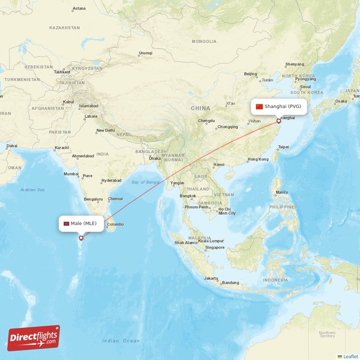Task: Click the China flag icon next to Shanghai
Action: [259, 107]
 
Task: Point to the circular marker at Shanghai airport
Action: [279, 121]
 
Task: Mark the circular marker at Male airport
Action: [81, 238]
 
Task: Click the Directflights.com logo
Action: [34, 338]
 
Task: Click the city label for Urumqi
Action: [146, 53]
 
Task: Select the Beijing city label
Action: [250, 74]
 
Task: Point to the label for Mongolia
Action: [204, 41]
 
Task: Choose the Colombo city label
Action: [115, 225]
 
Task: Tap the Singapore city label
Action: [215, 247]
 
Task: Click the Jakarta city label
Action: [211, 278]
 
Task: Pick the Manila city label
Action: [282, 192]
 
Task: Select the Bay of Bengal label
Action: [146, 182]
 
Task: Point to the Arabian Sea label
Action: [32, 190]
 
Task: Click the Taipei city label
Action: [283, 147]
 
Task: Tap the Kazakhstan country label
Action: [65, 28]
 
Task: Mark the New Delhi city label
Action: [105, 130]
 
